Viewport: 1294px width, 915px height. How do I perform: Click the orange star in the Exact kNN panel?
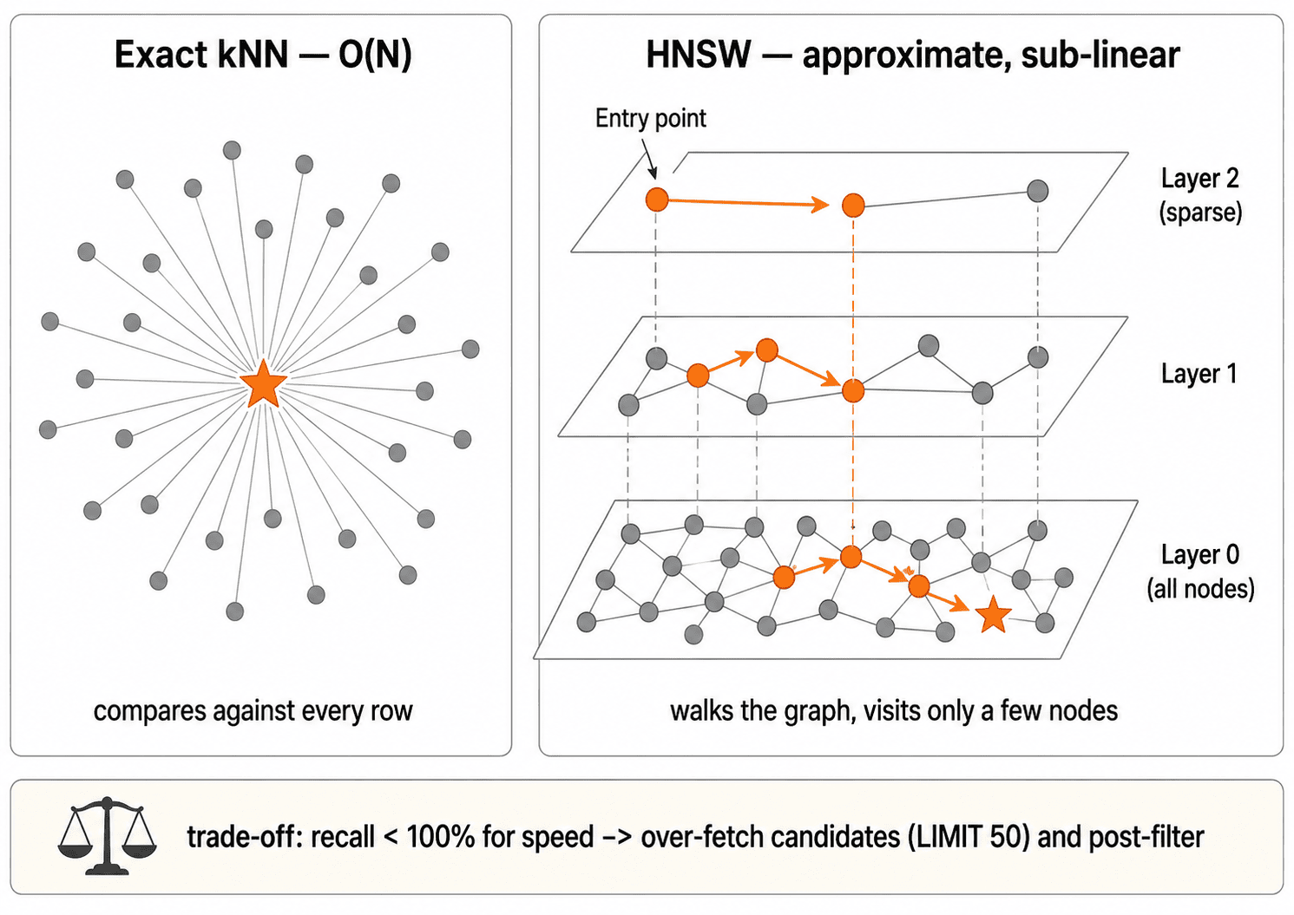(x=264, y=383)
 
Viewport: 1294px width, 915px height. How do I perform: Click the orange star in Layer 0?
(x=993, y=615)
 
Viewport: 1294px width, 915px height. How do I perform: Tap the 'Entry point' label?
(x=650, y=118)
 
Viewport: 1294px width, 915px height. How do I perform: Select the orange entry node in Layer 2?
(x=657, y=199)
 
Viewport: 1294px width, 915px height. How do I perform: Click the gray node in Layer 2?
(x=1037, y=191)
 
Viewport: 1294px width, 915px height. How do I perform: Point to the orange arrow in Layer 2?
(x=749, y=203)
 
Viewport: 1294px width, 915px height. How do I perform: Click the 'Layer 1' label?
(x=1199, y=374)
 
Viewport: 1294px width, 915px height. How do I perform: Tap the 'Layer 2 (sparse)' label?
(x=1200, y=195)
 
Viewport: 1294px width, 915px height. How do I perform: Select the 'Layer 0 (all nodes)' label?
(x=1200, y=572)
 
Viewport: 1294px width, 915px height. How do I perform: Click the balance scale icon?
(x=107, y=836)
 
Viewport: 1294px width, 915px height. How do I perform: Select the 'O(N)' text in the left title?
(x=375, y=56)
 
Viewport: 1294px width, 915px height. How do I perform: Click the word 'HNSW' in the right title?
(x=698, y=55)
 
